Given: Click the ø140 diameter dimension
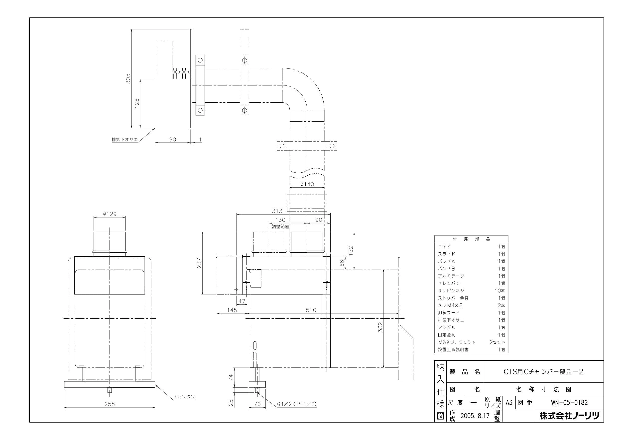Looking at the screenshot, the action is (x=307, y=184).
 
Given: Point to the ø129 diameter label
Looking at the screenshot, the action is (x=110, y=214).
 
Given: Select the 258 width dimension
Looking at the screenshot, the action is (x=110, y=404).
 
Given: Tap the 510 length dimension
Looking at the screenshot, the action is (x=311, y=310).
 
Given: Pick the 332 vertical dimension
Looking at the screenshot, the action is (x=380, y=327).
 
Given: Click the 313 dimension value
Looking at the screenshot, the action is (x=277, y=211).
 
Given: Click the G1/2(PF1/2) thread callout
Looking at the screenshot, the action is (x=297, y=404).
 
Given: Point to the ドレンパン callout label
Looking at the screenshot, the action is (x=184, y=397).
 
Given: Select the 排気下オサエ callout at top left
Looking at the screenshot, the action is (x=124, y=140).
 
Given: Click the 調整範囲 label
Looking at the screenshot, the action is (x=280, y=226).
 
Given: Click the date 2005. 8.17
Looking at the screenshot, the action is (x=475, y=416).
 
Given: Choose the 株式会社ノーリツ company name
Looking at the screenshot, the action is (x=569, y=416).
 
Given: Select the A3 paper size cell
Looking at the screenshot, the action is (x=509, y=403).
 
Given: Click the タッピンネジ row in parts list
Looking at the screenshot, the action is (x=451, y=291).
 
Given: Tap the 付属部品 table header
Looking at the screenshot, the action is (x=471, y=239).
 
